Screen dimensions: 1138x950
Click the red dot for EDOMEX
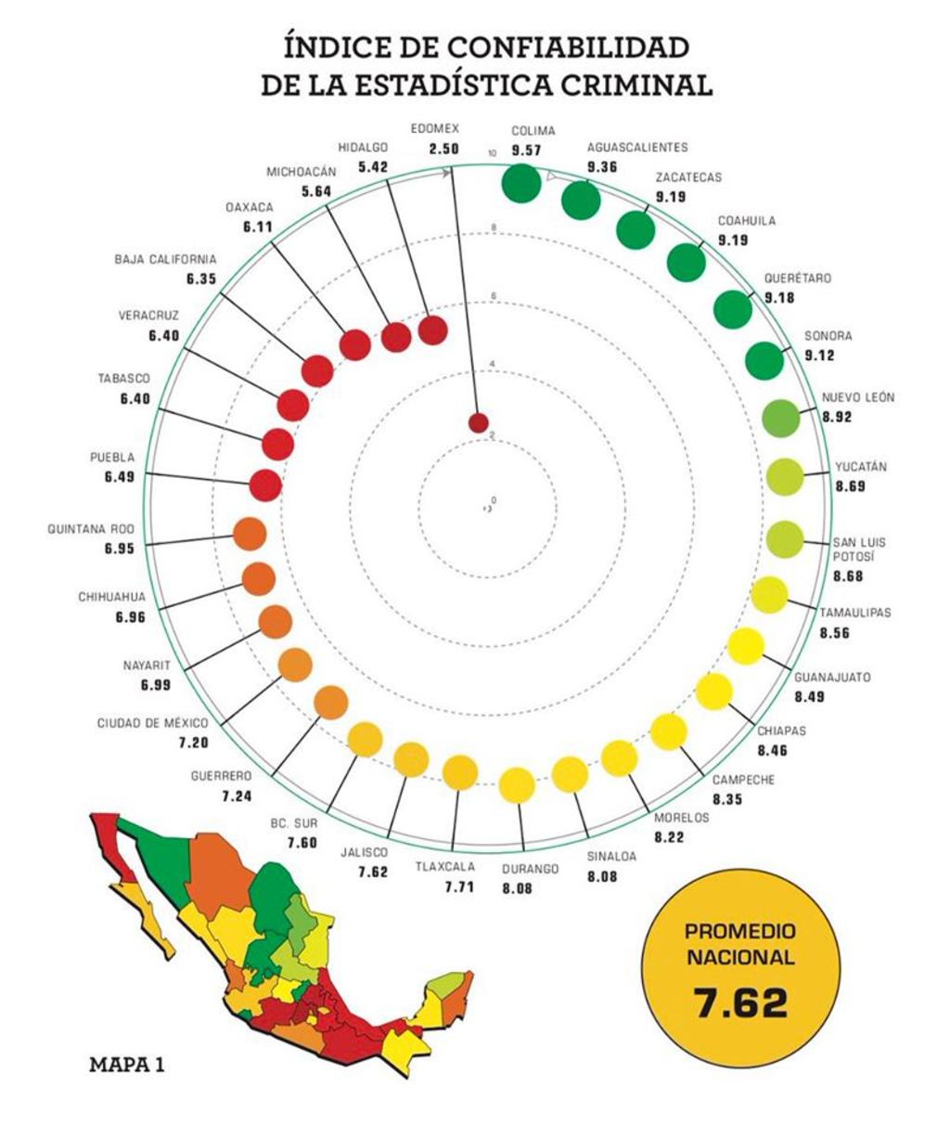click(x=478, y=423)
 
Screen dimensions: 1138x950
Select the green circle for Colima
click(x=521, y=181)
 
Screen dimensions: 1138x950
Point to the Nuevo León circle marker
click(x=780, y=418)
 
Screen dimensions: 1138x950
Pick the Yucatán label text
click(x=860, y=467)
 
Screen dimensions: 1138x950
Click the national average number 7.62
click(x=740, y=1002)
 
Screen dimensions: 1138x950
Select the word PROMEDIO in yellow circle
click(x=739, y=931)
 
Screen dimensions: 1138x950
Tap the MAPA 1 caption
click(x=127, y=1064)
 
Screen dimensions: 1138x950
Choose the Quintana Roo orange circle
click(x=250, y=534)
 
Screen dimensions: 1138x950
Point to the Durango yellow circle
click(x=517, y=785)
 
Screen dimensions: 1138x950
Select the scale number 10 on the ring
click(x=493, y=154)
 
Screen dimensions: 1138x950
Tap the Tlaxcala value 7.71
click(x=459, y=887)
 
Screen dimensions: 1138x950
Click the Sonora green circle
click(x=764, y=360)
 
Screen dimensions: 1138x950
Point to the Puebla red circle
click(x=265, y=484)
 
